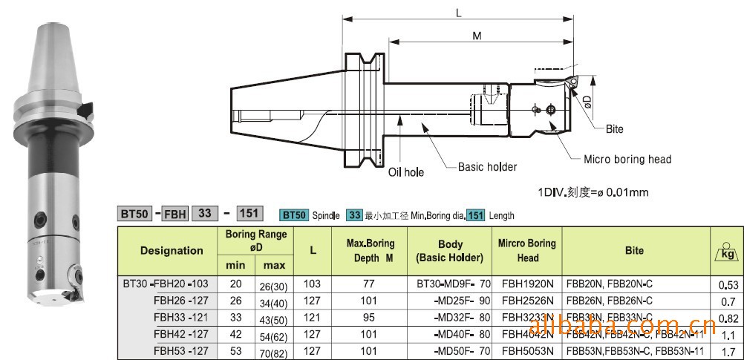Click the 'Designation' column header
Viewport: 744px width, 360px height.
click(x=172, y=251)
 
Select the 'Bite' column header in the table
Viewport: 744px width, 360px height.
click(x=633, y=251)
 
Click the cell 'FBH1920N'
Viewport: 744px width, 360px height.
click(x=527, y=284)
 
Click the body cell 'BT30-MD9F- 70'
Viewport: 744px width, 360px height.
click(x=449, y=284)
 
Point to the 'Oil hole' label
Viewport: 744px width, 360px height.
click(x=406, y=172)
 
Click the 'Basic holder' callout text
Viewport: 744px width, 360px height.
click(x=487, y=167)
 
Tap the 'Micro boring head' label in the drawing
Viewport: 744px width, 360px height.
click(x=627, y=159)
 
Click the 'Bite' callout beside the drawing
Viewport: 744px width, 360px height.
click(x=614, y=129)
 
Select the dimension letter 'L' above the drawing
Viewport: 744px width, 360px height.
click(x=458, y=13)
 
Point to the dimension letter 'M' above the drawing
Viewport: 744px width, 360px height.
click(x=477, y=36)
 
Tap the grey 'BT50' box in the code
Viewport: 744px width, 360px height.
click(x=136, y=214)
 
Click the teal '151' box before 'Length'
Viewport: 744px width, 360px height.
click(x=475, y=215)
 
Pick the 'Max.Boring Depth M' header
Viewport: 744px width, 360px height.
click(x=371, y=251)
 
